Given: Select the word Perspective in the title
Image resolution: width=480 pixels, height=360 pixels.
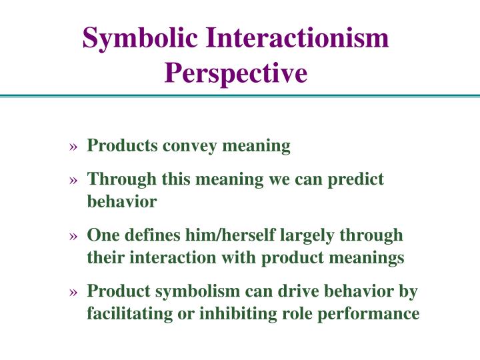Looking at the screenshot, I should [x=236, y=73].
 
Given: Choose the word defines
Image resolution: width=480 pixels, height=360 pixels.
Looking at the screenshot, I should [x=146, y=235].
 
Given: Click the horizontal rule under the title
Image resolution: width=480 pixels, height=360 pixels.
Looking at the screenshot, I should [x=240, y=97].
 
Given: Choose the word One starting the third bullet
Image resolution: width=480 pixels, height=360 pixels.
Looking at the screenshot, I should [x=101, y=235].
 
